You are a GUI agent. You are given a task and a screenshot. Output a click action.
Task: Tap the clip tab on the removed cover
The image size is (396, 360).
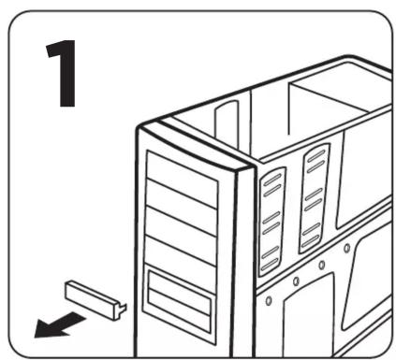point(123,309)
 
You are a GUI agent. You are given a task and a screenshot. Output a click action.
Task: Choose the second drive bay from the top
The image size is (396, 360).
point(182,208)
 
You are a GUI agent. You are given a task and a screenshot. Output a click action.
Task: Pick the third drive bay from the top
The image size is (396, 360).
point(181,237)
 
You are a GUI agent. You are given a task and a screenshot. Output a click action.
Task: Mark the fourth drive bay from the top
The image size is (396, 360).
point(181,265)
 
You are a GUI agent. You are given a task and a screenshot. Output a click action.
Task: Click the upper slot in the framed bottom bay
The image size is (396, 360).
point(179,293)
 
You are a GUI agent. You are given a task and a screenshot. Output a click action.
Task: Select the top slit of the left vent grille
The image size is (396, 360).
point(272,179)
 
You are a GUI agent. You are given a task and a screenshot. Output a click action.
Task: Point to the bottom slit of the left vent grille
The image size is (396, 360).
point(271,265)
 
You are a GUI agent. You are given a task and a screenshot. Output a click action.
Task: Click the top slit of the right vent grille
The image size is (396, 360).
point(316,153)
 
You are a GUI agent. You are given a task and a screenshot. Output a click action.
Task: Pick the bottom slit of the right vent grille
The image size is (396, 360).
point(310,241)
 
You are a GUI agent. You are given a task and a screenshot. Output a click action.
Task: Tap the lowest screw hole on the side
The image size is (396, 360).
point(269,300)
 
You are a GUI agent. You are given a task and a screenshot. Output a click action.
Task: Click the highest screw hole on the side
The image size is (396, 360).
point(346,249)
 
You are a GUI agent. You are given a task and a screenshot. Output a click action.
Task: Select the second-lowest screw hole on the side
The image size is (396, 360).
point(296,281)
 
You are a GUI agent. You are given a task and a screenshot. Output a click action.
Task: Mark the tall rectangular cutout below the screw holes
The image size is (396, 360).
point(309,315)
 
